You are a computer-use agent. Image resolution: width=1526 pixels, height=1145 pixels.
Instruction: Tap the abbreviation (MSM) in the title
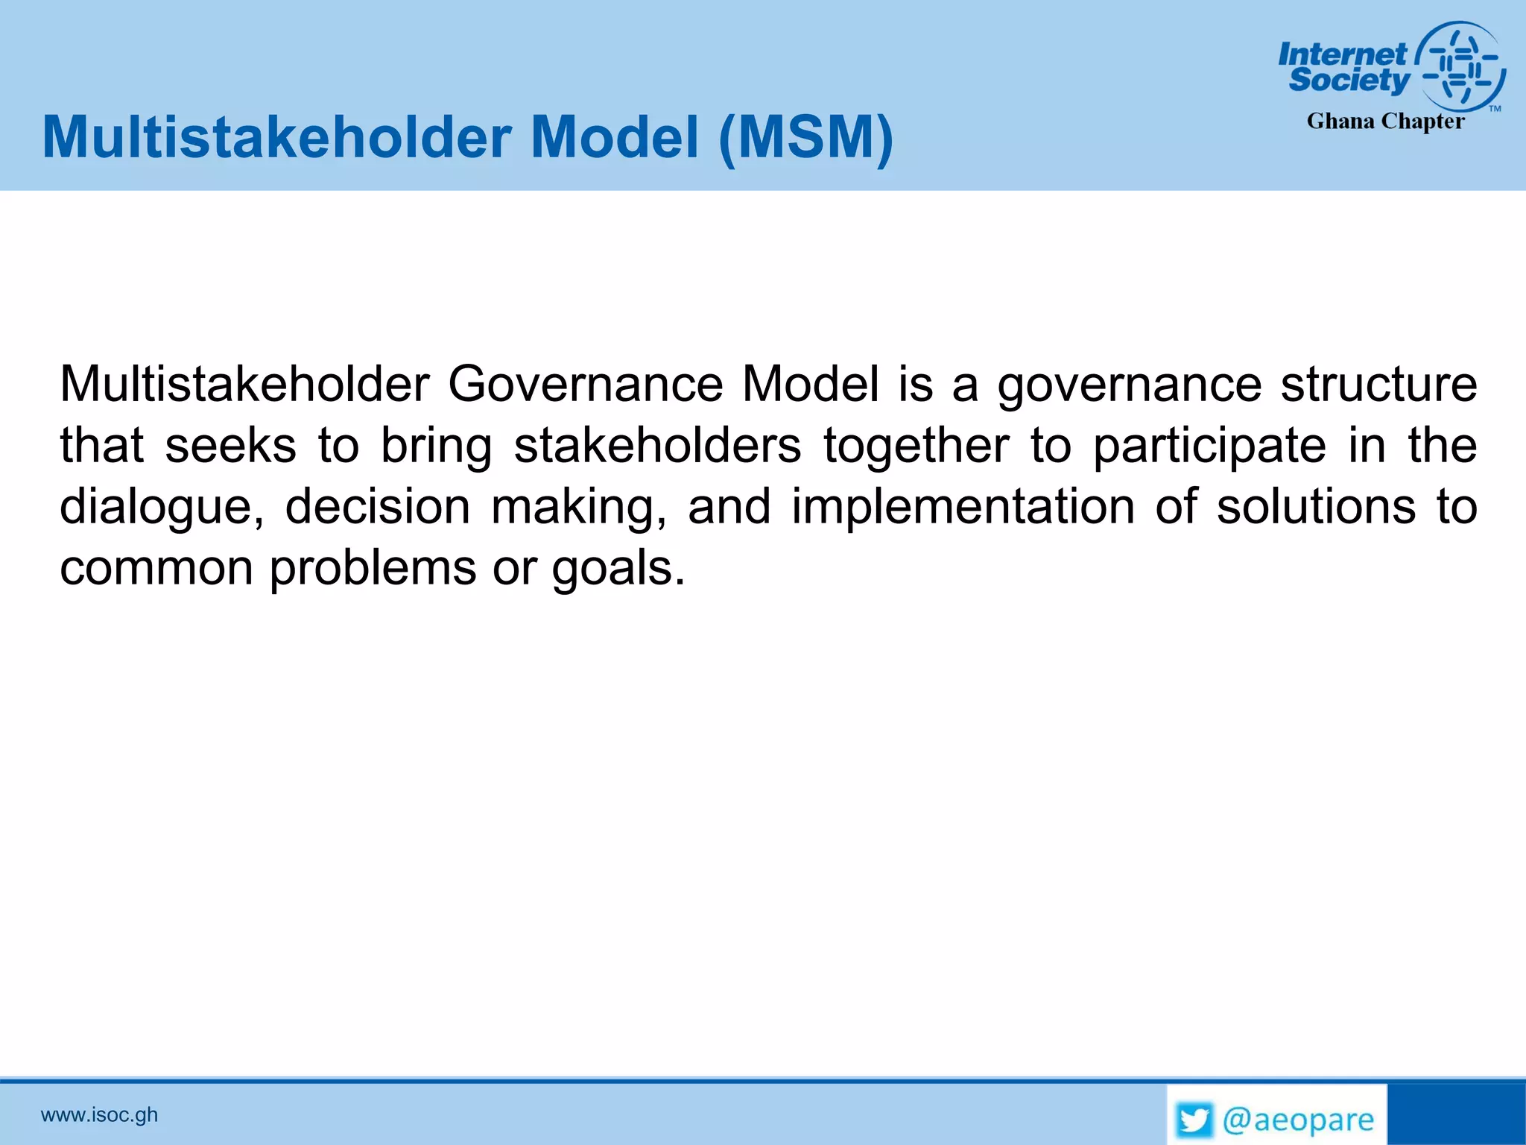[806, 138]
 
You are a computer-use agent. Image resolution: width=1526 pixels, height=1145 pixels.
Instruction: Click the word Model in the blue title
[615, 138]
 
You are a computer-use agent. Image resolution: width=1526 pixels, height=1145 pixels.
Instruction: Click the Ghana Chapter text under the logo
[1385, 122]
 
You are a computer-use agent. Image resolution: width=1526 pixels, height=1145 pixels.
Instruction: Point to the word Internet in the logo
[1342, 54]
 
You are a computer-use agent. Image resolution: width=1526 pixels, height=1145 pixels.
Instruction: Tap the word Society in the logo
[1349, 80]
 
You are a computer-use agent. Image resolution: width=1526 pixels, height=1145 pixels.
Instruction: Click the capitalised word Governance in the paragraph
[585, 385]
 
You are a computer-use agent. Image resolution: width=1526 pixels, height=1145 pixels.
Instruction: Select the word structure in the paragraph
[1378, 385]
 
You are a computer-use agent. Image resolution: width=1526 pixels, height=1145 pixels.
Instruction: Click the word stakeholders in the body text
[657, 446]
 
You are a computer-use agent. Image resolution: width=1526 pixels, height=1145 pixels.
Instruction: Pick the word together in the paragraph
[916, 446]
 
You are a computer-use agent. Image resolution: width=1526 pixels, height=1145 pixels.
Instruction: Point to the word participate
[1209, 446]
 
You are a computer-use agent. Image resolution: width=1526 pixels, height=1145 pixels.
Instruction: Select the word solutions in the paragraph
[1316, 507]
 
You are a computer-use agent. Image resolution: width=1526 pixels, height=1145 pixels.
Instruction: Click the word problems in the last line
[373, 569]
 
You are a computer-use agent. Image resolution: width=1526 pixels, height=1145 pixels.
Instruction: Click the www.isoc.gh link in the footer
[99, 1114]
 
